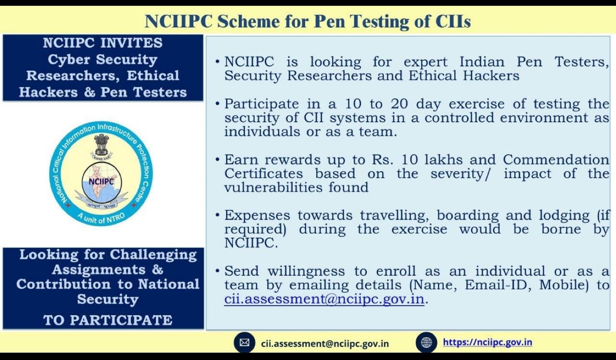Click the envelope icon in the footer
point(244,342)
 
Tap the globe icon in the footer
point(426,342)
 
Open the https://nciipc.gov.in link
point(488,342)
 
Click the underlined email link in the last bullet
point(324,299)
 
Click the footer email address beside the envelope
point(325,344)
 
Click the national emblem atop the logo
point(102,145)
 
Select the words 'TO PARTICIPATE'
point(107,320)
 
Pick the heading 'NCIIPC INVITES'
point(103,43)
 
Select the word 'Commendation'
point(556,159)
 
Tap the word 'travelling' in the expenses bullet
point(394,215)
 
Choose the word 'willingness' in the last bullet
point(306,271)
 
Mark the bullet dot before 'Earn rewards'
point(218,159)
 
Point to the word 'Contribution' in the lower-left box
point(63,284)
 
